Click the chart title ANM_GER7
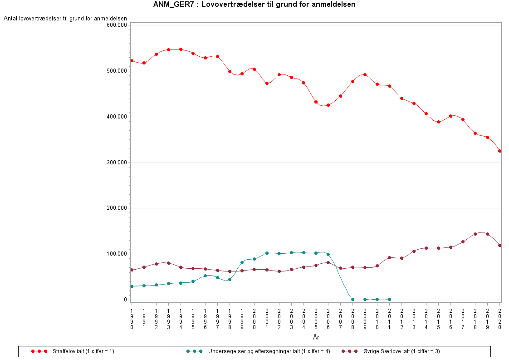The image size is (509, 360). (254, 5)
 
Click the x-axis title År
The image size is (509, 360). (316, 337)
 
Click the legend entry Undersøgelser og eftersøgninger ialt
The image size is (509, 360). (267, 351)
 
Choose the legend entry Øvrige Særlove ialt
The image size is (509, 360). (397, 351)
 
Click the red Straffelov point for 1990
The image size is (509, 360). (132, 60)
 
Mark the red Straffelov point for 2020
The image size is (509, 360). (499, 151)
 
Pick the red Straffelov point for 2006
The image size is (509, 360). (328, 105)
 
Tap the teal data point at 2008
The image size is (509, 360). (352, 299)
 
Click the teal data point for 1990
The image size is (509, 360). (132, 286)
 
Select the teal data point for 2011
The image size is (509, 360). (389, 299)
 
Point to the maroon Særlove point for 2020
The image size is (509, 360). (499, 245)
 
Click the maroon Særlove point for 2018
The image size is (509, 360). (475, 234)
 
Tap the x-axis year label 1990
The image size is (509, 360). (132, 319)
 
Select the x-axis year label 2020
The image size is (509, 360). (499, 319)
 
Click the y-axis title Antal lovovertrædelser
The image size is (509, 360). (65, 19)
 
